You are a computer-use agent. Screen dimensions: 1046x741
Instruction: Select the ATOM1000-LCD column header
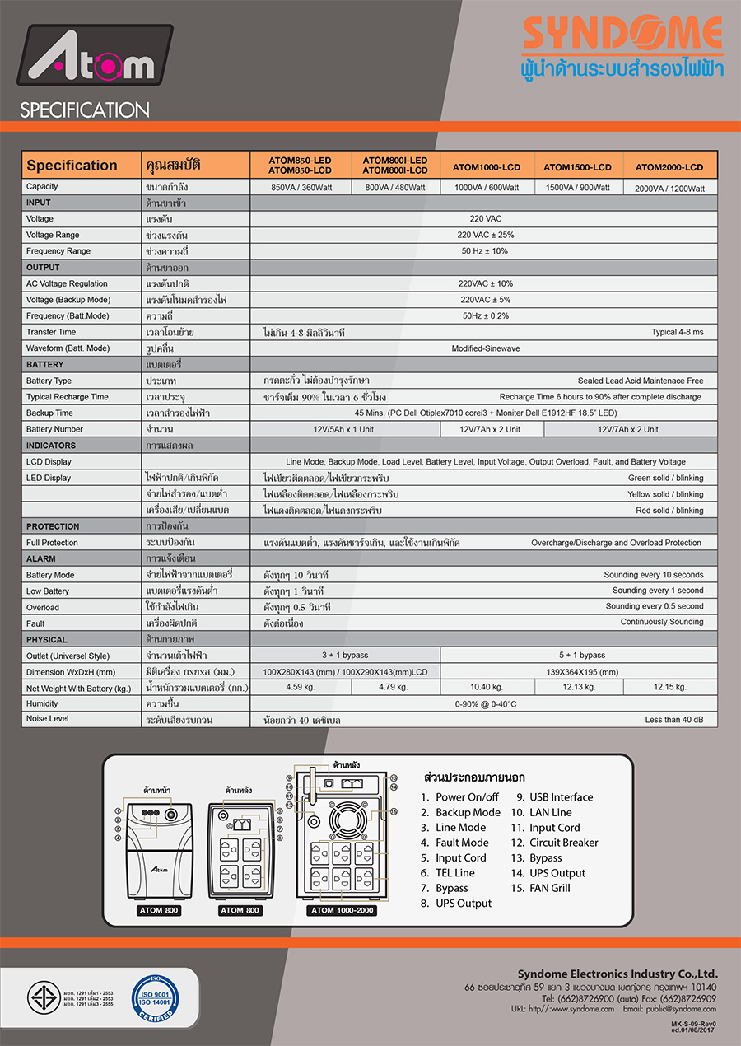point(487,167)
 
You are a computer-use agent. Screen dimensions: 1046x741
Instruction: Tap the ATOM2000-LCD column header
point(669,167)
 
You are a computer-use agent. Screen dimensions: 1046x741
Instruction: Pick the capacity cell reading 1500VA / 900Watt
point(577,188)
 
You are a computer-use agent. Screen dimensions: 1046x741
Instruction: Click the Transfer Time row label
point(51,332)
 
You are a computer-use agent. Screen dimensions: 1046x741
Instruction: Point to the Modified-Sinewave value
point(486,348)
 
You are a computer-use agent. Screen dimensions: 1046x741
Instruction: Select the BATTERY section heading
point(44,364)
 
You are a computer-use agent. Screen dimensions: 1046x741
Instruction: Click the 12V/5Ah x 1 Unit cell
point(344,429)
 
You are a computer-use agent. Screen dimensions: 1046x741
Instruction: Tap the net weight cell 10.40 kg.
point(486,687)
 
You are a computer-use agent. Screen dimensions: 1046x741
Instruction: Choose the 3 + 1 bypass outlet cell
point(344,655)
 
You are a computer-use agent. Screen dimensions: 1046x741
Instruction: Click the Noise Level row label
point(49,719)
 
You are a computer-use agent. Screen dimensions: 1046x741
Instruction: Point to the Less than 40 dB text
point(674,720)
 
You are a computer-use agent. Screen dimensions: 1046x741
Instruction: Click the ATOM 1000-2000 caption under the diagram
point(343,910)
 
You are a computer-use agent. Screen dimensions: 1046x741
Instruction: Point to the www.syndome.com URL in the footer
point(574,1009)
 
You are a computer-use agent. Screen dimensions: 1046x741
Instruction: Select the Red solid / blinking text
point(669,511)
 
